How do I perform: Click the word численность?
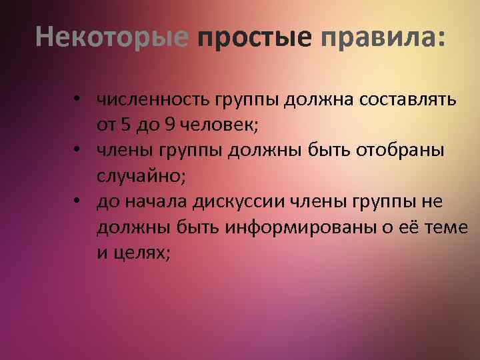click(x=153, y=101)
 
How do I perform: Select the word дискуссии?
click(x=231, y=202)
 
